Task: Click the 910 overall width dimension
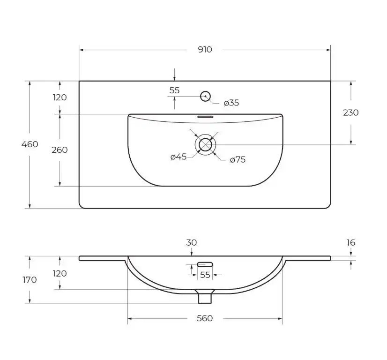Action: (205, 50)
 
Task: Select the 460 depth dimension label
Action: (30, 144)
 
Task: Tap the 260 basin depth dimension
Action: (60, 150)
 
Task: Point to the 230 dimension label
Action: (351, 112)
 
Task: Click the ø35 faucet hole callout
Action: (231, 103)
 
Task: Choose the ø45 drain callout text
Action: (179, 157)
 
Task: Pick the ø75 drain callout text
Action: (238, 159)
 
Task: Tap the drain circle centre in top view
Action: (205, 144)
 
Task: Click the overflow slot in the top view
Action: (205, 117)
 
